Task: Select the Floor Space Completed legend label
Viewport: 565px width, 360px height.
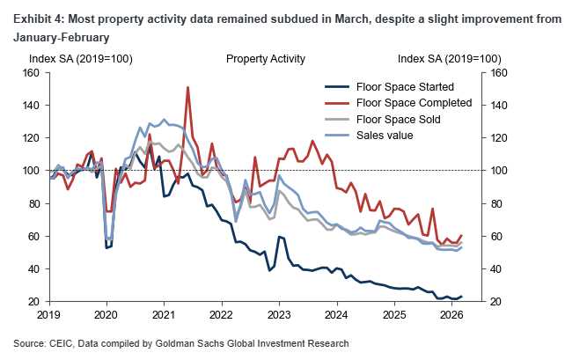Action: coord(414,103)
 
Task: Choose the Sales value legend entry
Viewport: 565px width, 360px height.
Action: coord(385,135)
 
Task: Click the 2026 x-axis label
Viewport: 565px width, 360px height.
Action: coord(451,314)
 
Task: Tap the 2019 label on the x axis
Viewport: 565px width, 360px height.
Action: coord(50,314)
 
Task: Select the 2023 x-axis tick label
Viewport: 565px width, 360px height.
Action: coord(279,314)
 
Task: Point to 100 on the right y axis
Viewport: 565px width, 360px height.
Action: coord(499,171)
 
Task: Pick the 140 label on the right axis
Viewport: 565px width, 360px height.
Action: coord(499,106)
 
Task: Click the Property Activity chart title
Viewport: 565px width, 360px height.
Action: coord(266,59)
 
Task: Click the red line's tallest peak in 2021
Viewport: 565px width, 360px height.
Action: coord(188,87)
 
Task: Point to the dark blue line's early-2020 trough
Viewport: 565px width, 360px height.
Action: coord(107,247)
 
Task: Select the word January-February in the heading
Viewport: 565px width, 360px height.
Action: coord(62,38)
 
